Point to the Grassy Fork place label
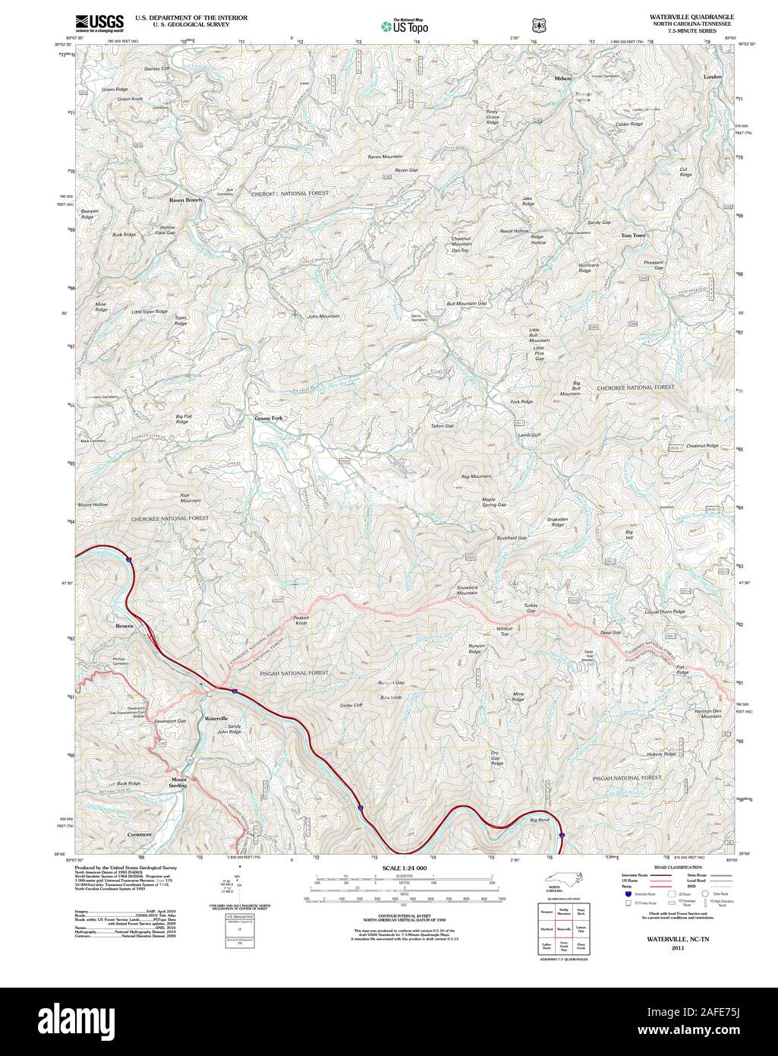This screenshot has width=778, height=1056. click(269, 418)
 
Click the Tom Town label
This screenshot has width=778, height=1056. click(633, 236)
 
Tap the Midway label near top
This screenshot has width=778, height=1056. click(563, 78)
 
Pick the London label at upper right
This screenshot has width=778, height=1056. click(713, 77)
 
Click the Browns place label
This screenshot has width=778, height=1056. click(124, 626)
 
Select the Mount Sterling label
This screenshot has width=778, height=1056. click(179, 783)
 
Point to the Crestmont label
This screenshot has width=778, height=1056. click(140, 834)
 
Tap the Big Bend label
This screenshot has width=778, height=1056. click(539, 820)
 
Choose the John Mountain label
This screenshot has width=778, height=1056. click(323, 316)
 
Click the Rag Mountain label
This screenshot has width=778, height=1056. click(476, 476)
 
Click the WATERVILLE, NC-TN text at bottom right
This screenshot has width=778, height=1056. click(678, 940)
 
